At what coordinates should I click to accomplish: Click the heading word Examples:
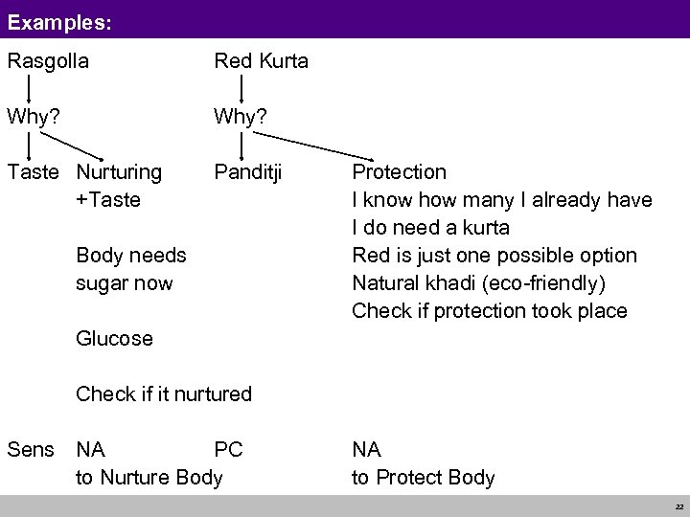click(x=59, y=18)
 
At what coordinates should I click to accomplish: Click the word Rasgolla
click(x=48, y=61)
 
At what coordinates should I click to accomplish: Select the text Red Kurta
click(x=261, y=61)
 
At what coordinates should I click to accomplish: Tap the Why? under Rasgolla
click(x=32, y=117)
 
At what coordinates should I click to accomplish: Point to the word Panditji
click(x=250, y=172)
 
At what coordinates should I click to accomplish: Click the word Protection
click(x=399, y=172)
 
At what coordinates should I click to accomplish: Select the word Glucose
click(x=114, y=338)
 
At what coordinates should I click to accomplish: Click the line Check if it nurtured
click(x=164, y=393)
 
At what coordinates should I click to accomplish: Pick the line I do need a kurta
click(x=430, y=228)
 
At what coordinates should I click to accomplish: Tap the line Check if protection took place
click(x=490, y=311)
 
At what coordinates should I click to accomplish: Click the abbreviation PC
click(x=228, y=449)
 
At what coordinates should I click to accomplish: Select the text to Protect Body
click(x=423, y=477)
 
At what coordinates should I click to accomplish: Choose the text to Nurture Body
click(x=149, y=477)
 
